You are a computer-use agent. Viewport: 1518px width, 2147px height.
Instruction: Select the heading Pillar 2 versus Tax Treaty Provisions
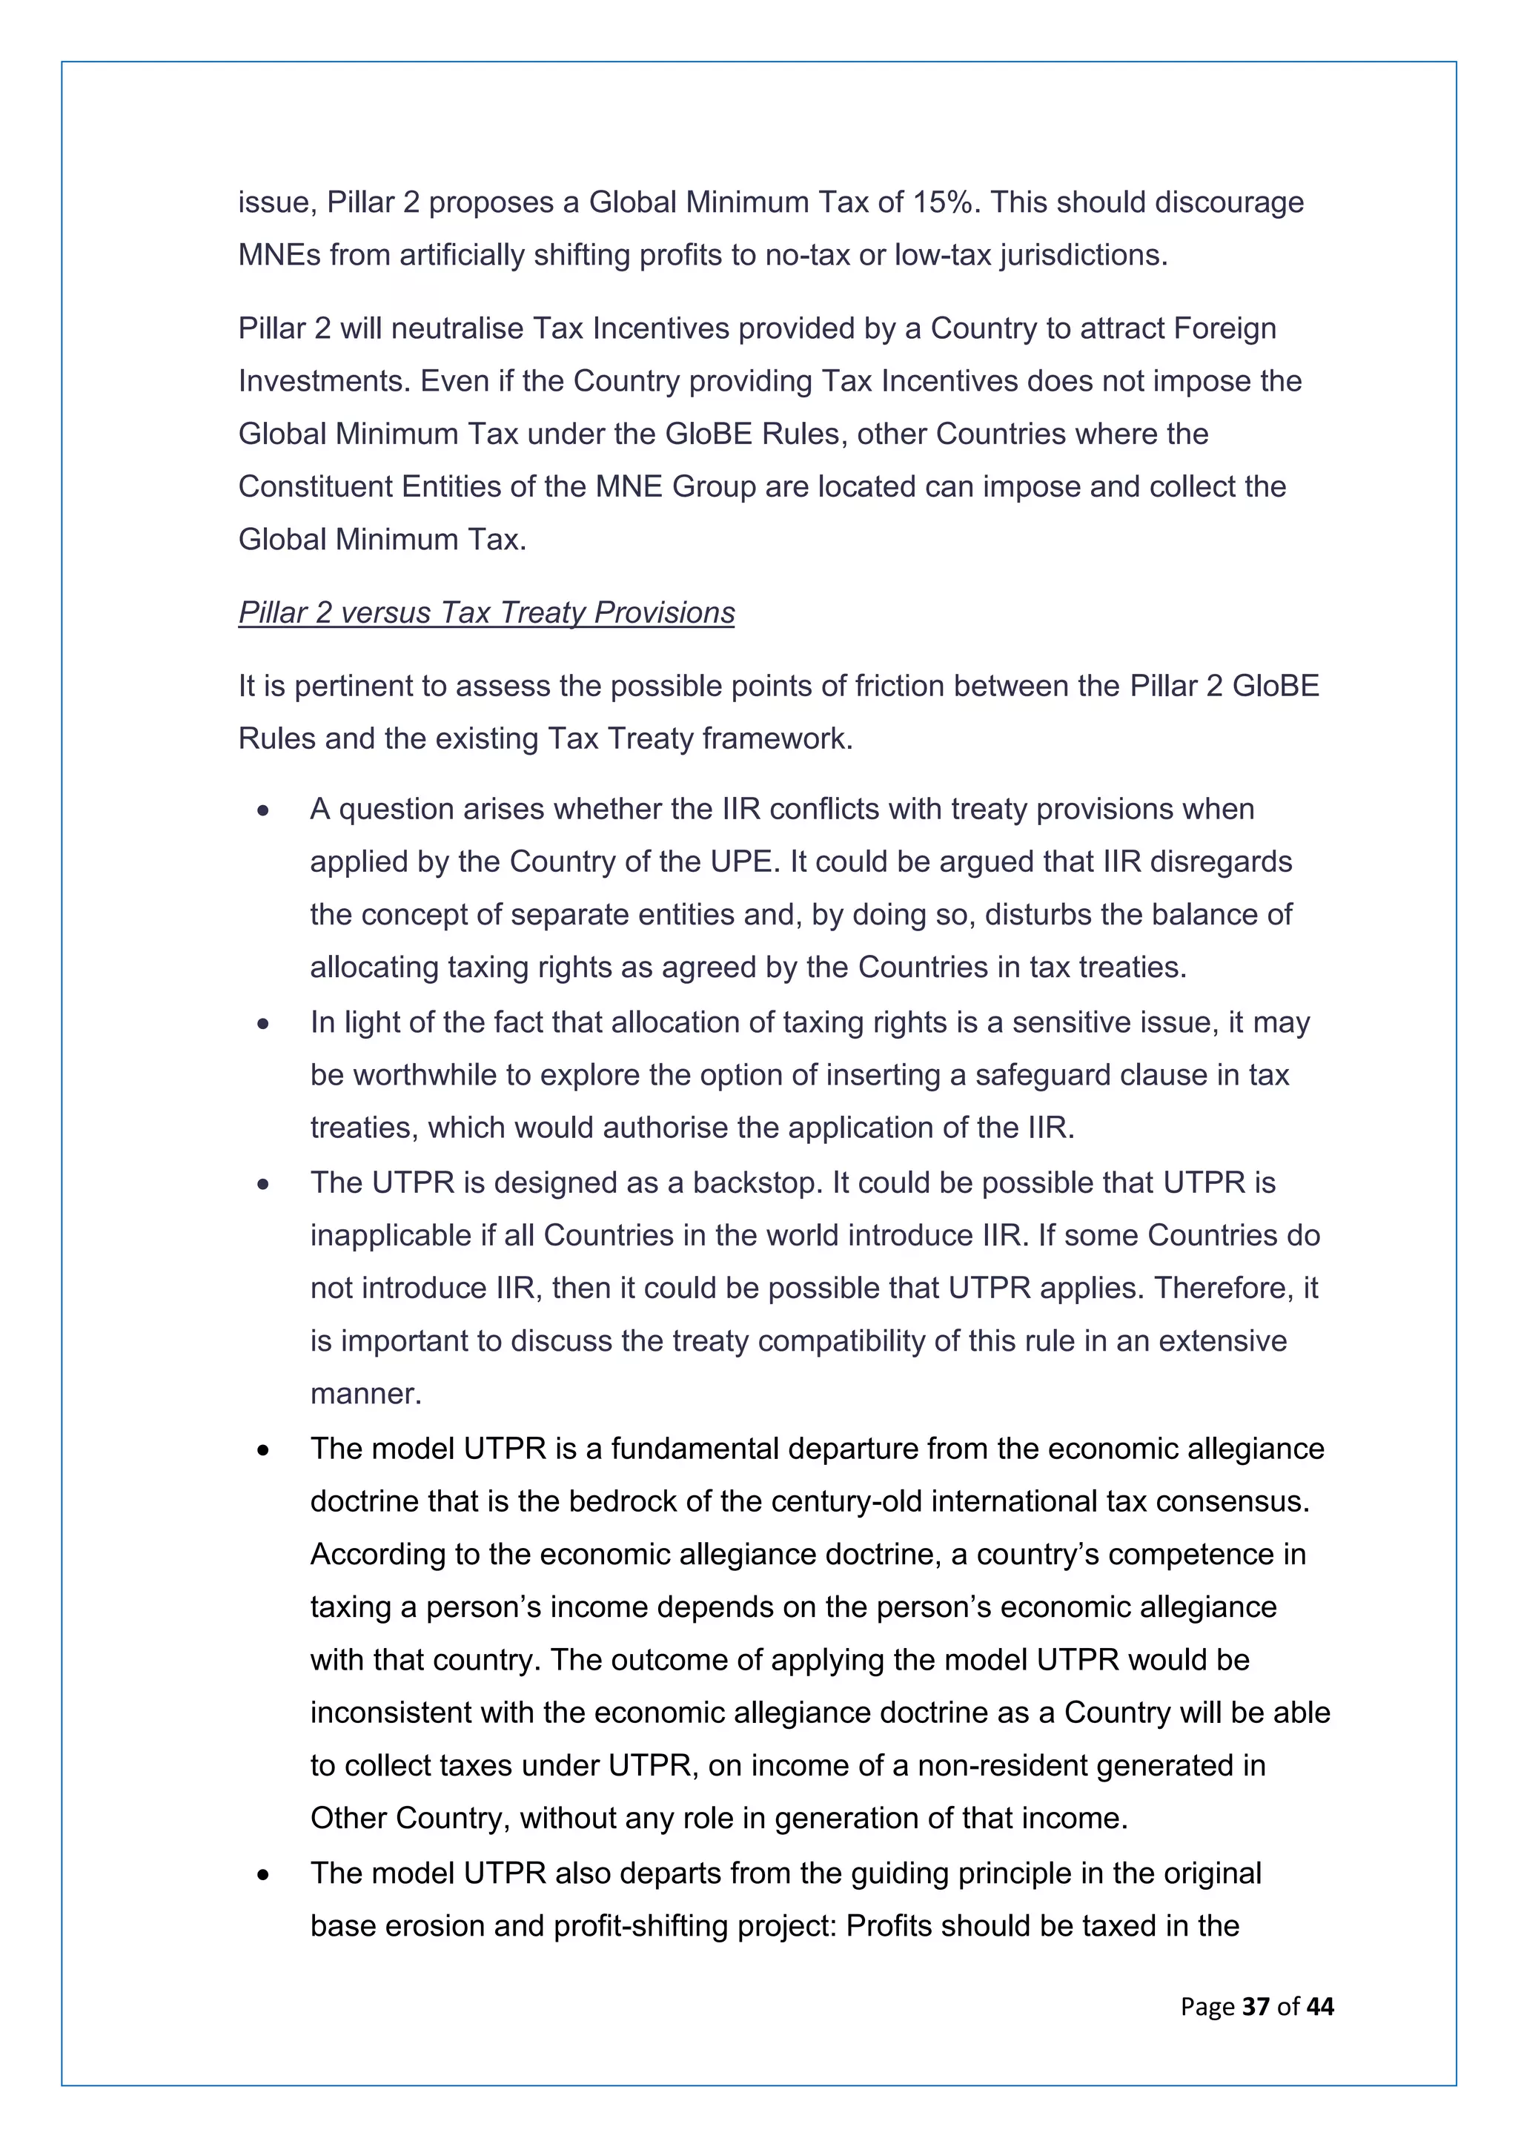[486, 612]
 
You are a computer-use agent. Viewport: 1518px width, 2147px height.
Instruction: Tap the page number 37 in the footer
[1256, 2006]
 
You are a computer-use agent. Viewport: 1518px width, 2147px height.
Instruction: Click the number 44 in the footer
[1320, 2006]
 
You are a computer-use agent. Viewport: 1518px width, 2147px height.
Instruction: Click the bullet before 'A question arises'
[264, 810]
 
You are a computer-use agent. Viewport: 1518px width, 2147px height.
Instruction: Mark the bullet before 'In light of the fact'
[264, 1023]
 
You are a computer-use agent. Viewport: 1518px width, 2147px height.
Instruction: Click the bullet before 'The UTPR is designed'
[264, 1184]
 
